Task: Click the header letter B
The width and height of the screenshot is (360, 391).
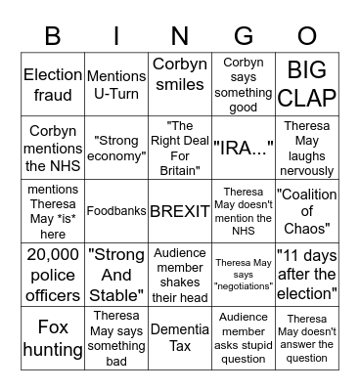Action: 53,36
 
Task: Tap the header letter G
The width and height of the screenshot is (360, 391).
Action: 244,36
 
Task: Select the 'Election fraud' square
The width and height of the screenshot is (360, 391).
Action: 53,85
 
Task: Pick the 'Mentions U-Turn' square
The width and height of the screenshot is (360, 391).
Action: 116,85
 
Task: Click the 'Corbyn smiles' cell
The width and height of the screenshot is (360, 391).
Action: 180,85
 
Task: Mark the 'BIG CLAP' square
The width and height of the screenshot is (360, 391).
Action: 307,85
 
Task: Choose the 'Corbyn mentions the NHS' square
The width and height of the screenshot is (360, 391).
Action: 53,148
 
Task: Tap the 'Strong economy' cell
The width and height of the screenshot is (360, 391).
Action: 116,148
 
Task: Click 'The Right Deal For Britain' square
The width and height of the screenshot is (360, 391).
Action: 180,148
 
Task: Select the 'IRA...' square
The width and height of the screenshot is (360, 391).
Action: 244,148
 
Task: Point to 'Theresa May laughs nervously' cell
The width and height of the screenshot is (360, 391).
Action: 307,148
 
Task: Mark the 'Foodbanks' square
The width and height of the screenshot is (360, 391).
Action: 116,211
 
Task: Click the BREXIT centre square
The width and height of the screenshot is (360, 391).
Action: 180,211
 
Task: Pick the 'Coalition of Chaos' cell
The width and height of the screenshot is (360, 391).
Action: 307,211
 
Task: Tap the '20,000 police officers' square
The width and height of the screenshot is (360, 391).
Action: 53,275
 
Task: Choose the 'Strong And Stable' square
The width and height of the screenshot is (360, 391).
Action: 116,275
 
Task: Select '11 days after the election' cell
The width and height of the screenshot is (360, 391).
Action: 307,275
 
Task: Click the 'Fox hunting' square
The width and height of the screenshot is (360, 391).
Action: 53,338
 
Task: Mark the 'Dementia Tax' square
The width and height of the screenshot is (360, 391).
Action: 180,338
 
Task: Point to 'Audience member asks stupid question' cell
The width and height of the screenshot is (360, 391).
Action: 244,338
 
